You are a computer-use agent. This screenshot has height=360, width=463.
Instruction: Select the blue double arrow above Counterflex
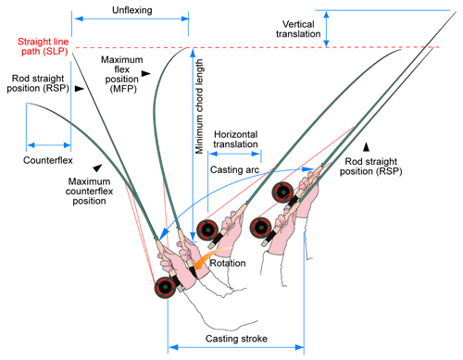49,143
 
